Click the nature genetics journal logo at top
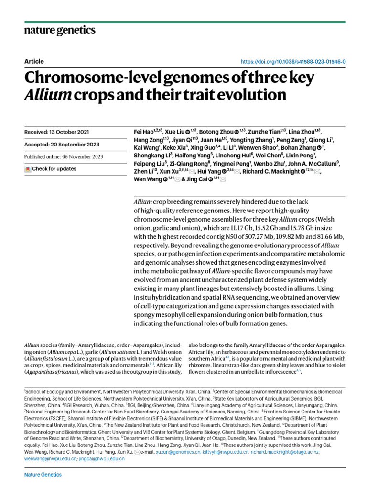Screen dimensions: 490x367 click(x=60, y=31)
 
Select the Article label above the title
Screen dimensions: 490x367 click(x=34, y=61)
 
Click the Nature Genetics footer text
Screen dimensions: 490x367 click(x=43, y=475)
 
